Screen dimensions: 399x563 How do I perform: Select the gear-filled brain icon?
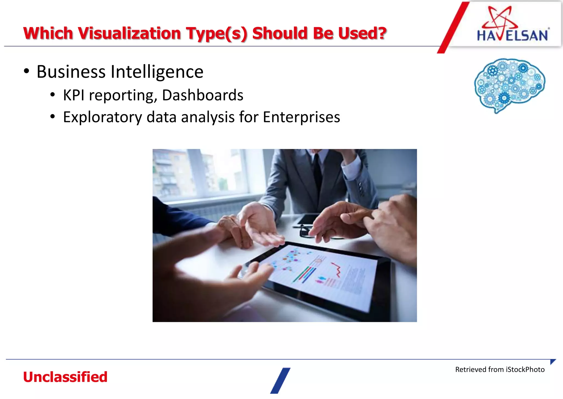(509, 84)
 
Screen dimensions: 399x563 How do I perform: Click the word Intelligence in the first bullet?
(157, 72)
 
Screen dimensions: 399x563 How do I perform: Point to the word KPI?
(74, 95)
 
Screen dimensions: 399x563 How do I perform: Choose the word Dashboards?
(203, 95)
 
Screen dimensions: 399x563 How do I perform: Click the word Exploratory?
(103, 117)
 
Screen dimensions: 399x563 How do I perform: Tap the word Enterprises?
(301, 117)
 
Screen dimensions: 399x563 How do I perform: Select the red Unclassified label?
(65, 377)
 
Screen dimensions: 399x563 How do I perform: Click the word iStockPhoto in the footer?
(525, 370)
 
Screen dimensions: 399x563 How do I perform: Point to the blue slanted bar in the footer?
(280, 381)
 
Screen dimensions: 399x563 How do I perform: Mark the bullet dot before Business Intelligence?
(26, 71)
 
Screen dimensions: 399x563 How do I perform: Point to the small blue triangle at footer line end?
(553, 362)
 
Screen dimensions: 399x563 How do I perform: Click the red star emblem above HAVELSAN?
(500, 17)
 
